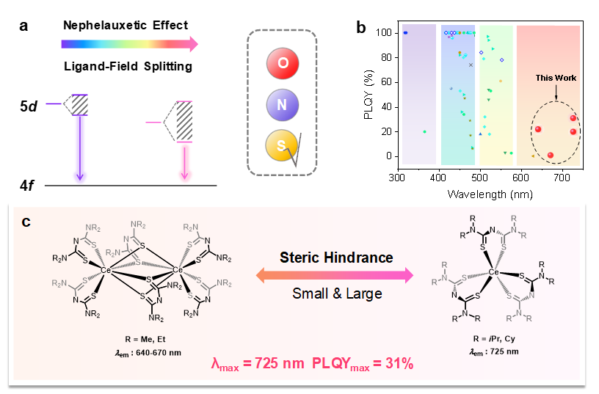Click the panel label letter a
tap(24, 26)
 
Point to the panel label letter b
tap(360, 28)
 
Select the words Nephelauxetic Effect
tap(126, 26)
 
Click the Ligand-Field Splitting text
tap(126, 67)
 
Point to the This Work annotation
tap(554, 78)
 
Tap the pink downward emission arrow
tap(184, 158)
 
